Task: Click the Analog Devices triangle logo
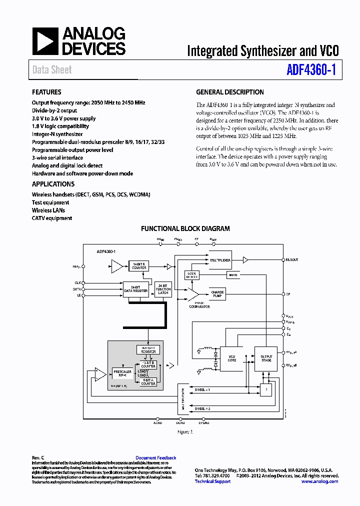click(x=45, y=41)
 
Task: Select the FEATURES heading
click(x=46, y=92)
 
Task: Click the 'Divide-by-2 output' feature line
click(x=54, y=110)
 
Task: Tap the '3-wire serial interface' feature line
click(x=57, y=157)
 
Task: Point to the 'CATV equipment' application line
click(x=52, y=218)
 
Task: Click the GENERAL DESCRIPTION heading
click(x=229, y=92)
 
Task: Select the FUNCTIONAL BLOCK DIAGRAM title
click(x=185, y=228)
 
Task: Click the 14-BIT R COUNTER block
click(x=139, y=266)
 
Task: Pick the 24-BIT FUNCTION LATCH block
click(x=163, y=289)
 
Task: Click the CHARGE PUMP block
click(x=217, y=293)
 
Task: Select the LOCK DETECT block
click(x=191, y=275)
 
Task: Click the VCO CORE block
click(x=232, y=358)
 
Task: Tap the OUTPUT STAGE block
click(x=266, y=358)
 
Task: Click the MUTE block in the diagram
click(x=233, y=275)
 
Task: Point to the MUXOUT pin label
click(x=291, y=260)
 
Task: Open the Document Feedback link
click(x=155, y=457)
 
